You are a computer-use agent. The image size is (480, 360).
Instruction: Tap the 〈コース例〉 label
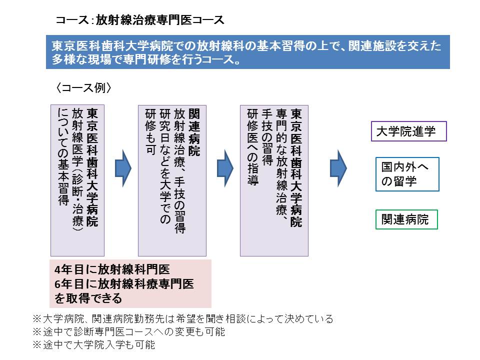coord(83,87)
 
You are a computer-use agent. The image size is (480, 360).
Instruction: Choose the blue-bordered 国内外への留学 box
coord(407,174)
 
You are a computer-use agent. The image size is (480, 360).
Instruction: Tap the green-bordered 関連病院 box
coord(406,219)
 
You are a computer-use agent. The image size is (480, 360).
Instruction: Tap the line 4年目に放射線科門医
coord(112,269)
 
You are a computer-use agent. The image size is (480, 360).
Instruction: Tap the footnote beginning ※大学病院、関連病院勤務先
coord(182,318)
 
